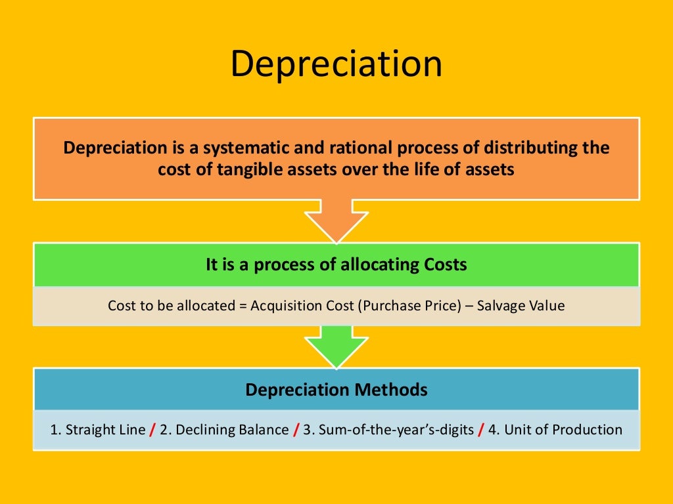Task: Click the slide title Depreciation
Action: point(336,64)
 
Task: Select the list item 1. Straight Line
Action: point(97,430)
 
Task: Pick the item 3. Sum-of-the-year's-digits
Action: point(387,430)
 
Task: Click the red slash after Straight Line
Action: point(152,430)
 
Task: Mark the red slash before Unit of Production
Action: point(481,430)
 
